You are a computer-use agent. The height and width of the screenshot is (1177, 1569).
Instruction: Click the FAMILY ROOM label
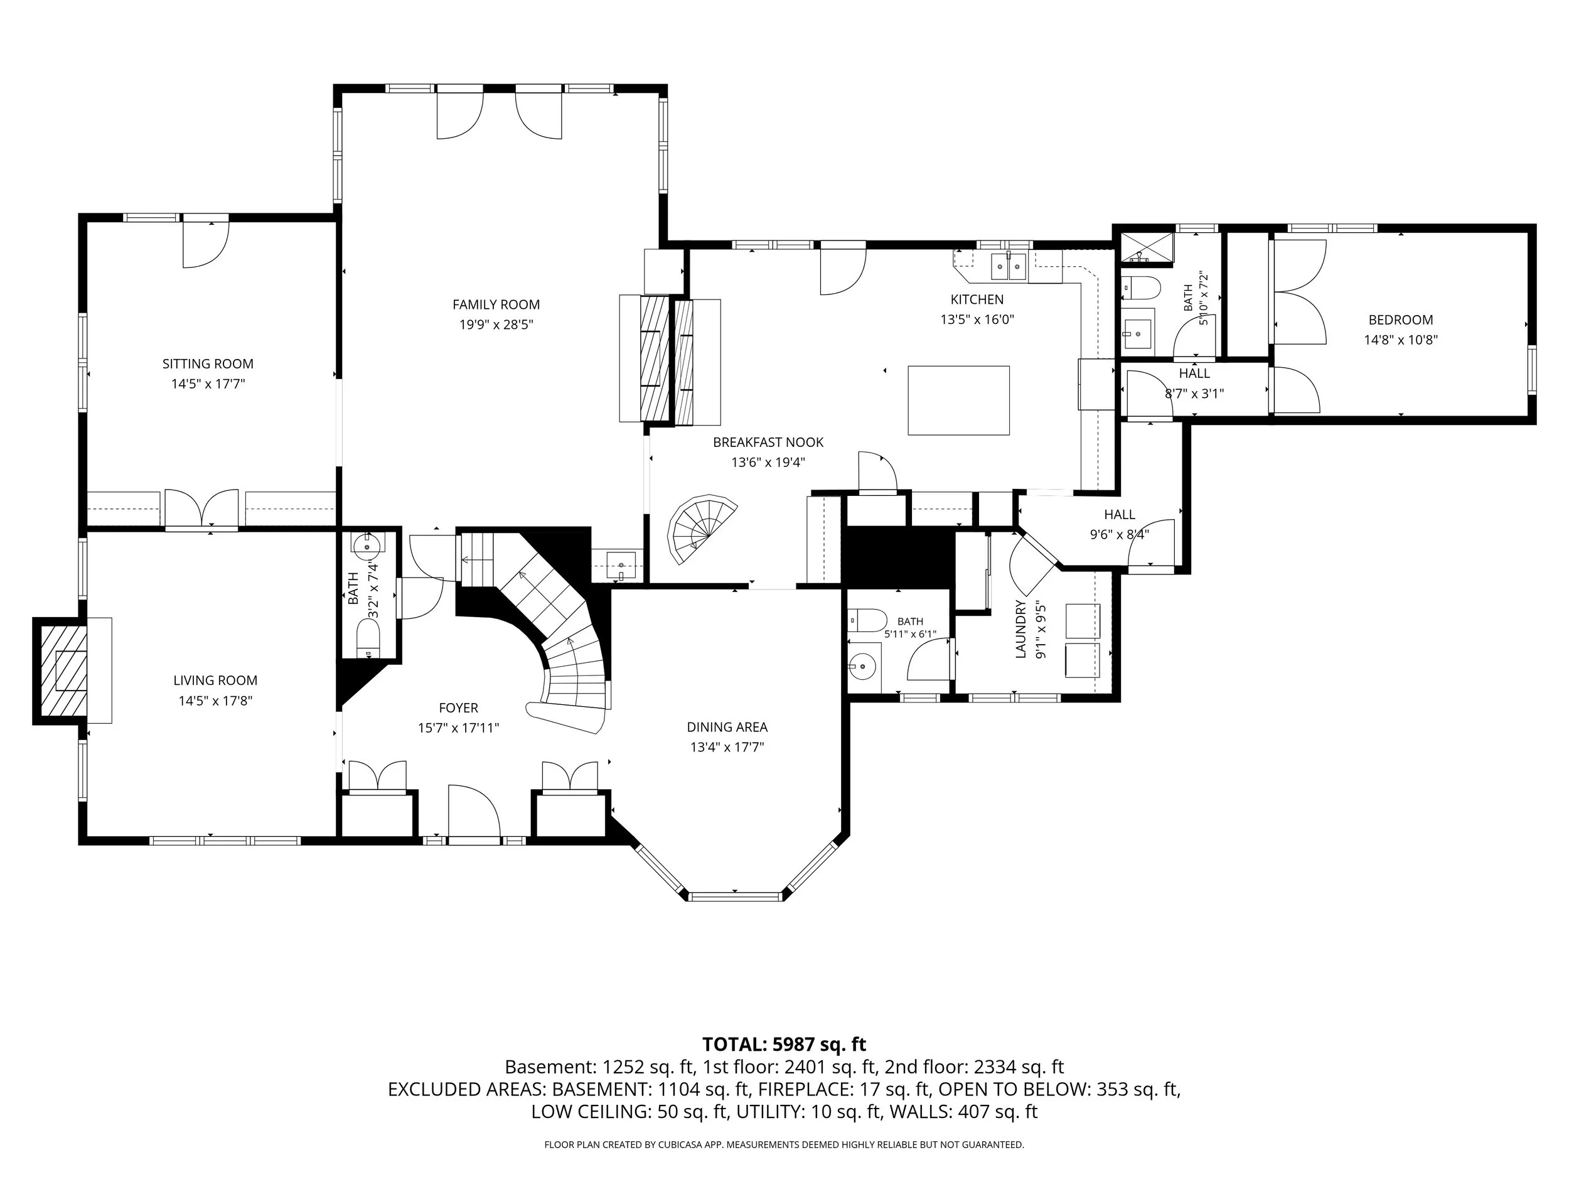pyautogui.click(x=496, y=304)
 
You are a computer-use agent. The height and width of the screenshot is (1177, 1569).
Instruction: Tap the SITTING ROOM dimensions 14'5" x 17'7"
pyautogui.click(x=208, y=384)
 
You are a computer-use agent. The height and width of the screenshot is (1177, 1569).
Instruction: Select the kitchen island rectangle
pyautogui.click(x=959, y=400)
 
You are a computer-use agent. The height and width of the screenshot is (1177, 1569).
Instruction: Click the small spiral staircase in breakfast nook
pyautogui.click(x=702, y=529)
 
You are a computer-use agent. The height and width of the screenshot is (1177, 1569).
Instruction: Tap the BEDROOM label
pyautogui.click(x=1401, y=320)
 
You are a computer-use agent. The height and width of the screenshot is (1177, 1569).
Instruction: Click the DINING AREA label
pyautogui.click(x=727, y=727)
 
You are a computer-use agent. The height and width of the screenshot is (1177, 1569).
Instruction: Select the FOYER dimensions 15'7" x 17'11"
pyautogui.click(x=458, y=728)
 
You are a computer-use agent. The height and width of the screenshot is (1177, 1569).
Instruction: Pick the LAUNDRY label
pyautogui.click(x=1021, y=629)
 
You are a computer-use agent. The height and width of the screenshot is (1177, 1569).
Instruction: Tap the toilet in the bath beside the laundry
pyautogui.click(x=867, y=620)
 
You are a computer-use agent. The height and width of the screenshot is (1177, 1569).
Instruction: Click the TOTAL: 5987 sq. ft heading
pyautogui.click(x=784, y=1045)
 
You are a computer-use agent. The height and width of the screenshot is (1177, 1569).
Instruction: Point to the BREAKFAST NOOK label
pyautogui.click(x=768, y=442)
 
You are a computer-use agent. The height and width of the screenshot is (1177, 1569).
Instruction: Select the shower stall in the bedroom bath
pyautogui.click(x=1146, y=249)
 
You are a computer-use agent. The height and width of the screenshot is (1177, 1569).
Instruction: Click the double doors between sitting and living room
pyautogui.click(x=202, y=508)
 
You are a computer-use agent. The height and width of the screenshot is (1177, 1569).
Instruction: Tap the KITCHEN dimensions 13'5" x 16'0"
pyautogui.click(x=977, y=320)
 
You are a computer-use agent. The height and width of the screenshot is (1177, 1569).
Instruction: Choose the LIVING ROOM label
pyautogui.click(x=215, y=680)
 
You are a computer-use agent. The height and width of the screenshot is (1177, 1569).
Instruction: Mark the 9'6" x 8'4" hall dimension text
pyautogui.click(x=1119, y=535)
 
